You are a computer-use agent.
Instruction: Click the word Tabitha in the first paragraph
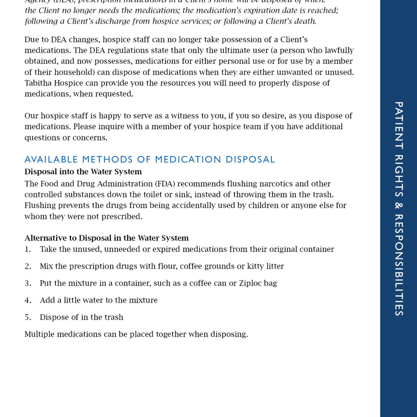click(38, 83)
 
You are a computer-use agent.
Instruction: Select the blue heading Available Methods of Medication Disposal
click(149, 160)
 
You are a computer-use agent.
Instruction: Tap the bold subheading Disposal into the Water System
click(83, 172)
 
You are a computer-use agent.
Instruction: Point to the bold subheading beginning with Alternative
click(106, 238)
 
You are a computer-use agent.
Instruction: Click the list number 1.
click(27, 249)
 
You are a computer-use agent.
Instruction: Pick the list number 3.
click(27, 283)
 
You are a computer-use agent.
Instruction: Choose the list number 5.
click(27, 317)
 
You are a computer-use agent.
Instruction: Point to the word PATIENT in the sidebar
click(399, 125)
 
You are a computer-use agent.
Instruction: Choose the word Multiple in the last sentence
click(39, 334)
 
